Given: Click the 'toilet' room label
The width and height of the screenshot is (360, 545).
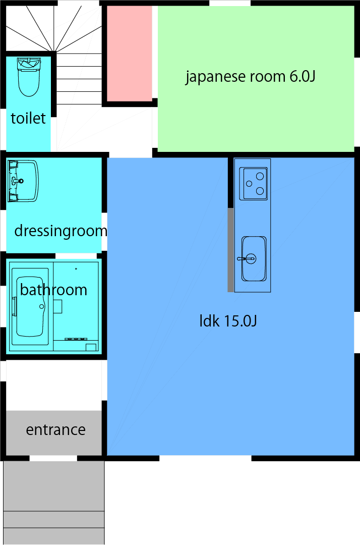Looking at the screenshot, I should [x=28, y=118].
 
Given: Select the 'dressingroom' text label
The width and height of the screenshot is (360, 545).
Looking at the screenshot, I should [x=61, y=231].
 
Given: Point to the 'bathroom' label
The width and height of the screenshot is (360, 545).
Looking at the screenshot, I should [x=53, y=290].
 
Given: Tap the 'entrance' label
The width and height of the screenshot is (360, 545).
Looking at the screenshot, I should [x=55, y=430].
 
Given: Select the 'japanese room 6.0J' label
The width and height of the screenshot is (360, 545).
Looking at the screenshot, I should [x=251, y=77].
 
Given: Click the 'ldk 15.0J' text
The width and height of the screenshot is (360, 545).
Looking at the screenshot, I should [x=228, y=321].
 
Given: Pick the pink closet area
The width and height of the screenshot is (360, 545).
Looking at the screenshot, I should [x=129, y=53].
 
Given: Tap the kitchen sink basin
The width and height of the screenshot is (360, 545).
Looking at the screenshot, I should [x=254, y=258].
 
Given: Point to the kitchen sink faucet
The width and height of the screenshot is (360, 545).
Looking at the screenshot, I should [x=246, y=259].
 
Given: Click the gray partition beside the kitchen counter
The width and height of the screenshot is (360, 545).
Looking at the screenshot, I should [x=230, y=250].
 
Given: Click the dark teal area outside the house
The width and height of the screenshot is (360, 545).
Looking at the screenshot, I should [x=232, y=502].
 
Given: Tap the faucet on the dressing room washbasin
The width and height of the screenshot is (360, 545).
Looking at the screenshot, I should [x=18, y=180].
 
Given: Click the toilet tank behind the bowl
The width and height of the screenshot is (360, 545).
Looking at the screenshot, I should [x=28, y=63].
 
